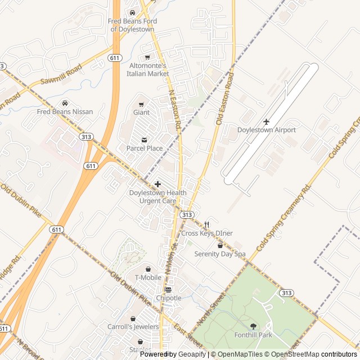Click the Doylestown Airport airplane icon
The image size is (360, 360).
(x=267, y=121)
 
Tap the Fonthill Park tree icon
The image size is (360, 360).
(x=253, y=326)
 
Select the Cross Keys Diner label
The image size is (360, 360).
(x=207, y=233)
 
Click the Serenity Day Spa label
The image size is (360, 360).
(x=220, y=254)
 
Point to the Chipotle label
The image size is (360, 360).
(x=169, y=298)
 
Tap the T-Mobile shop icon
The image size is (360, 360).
(x=148, y=269)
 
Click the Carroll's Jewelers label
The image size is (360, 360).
(x=133, y=326)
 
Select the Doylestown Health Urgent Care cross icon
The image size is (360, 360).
(x=157, y=184)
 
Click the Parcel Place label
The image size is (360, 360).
(x=145, y=148)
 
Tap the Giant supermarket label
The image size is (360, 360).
(x=141, y=112)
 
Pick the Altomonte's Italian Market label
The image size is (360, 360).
(x=147, y=70)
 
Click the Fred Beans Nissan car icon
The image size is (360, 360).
(x=65, y=103)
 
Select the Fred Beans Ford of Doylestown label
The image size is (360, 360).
(x=133, y=25)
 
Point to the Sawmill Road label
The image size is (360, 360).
(x=61, y=74)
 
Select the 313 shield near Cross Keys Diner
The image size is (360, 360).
(x=187, y=215)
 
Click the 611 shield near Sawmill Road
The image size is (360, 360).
(x=115, y=58)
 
